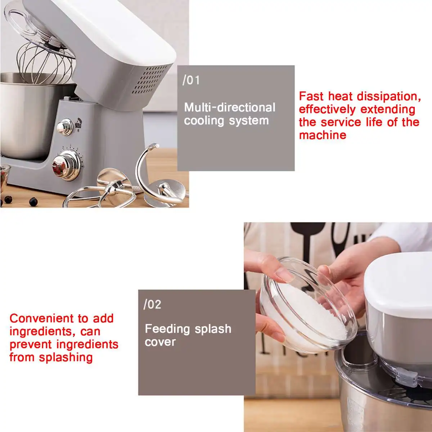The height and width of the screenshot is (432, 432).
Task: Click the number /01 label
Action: click(191, 80)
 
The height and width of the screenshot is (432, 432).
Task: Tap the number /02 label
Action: click(152, 305)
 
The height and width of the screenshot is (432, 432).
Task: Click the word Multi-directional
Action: click(230, 107)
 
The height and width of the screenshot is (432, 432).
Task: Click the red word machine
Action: click(323, 135)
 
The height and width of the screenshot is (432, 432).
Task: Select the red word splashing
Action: click(66, 357)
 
